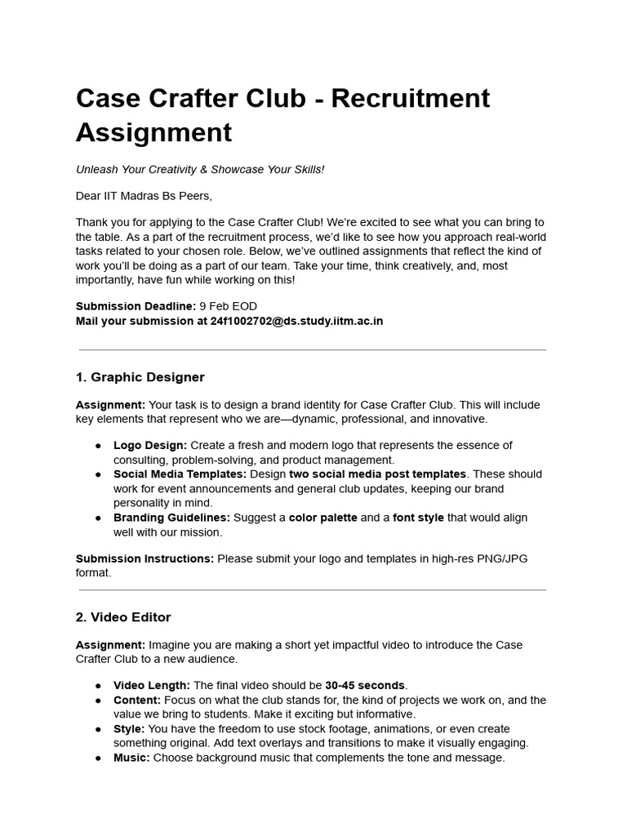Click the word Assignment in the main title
[x=153, y=131]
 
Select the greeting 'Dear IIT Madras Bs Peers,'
[x=143, y=196]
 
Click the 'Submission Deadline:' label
[x=136, y=306]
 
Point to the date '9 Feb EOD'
[x=228, y=306]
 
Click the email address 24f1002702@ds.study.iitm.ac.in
[x=297, y=321]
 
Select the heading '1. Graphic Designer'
[x=140, y=377]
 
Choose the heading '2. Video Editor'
[x=123, y=617]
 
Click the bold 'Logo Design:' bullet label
[x=150, y=445]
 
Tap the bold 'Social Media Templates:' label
[x=180, y=474]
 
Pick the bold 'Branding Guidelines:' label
[x=171, y=518]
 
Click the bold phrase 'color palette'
[x=322, y=518]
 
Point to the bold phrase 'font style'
[x=420, y=518]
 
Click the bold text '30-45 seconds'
[x=365, y=685]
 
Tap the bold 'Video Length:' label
[x=152, y=685]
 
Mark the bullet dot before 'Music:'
[x=98, y=758]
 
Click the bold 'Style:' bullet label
[x=129, y=728]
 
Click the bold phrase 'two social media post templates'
[x=378, y=474]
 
